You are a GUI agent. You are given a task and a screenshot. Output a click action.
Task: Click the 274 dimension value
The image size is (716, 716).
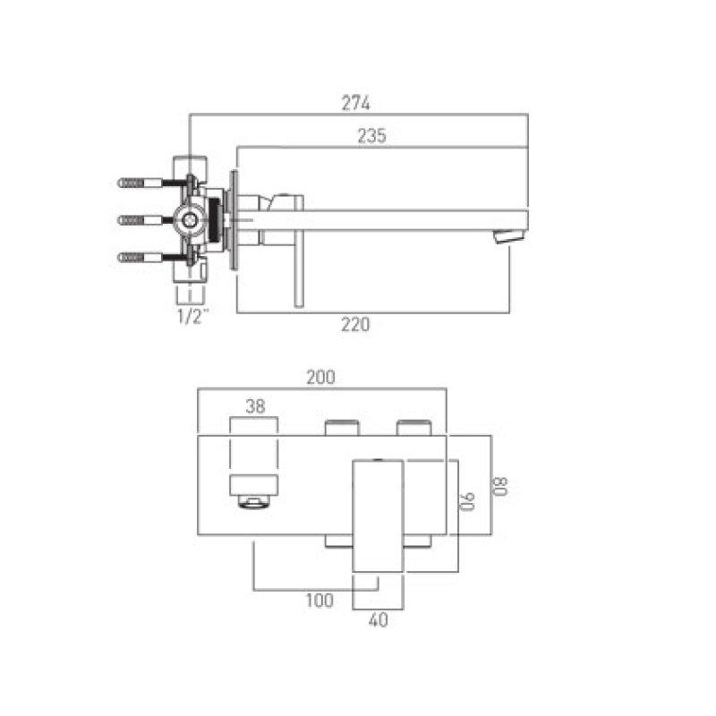[355, 103]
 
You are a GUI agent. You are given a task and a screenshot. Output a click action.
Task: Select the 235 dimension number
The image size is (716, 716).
[371, 136]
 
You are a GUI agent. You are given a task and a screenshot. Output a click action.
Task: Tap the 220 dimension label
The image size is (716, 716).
[355, 325]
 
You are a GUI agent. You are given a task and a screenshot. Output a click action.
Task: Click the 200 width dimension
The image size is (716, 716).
[320, 377]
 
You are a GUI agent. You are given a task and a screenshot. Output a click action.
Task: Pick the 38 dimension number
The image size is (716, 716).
[255, 406]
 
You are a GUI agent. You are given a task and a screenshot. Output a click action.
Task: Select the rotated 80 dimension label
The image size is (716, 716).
[499, 486]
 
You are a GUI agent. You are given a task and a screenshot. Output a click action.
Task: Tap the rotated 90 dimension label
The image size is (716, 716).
[466, 501]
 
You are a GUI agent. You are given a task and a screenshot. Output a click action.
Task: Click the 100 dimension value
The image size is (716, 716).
[320, 601]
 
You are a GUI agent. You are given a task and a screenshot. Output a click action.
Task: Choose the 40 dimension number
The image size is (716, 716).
[378, 619]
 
